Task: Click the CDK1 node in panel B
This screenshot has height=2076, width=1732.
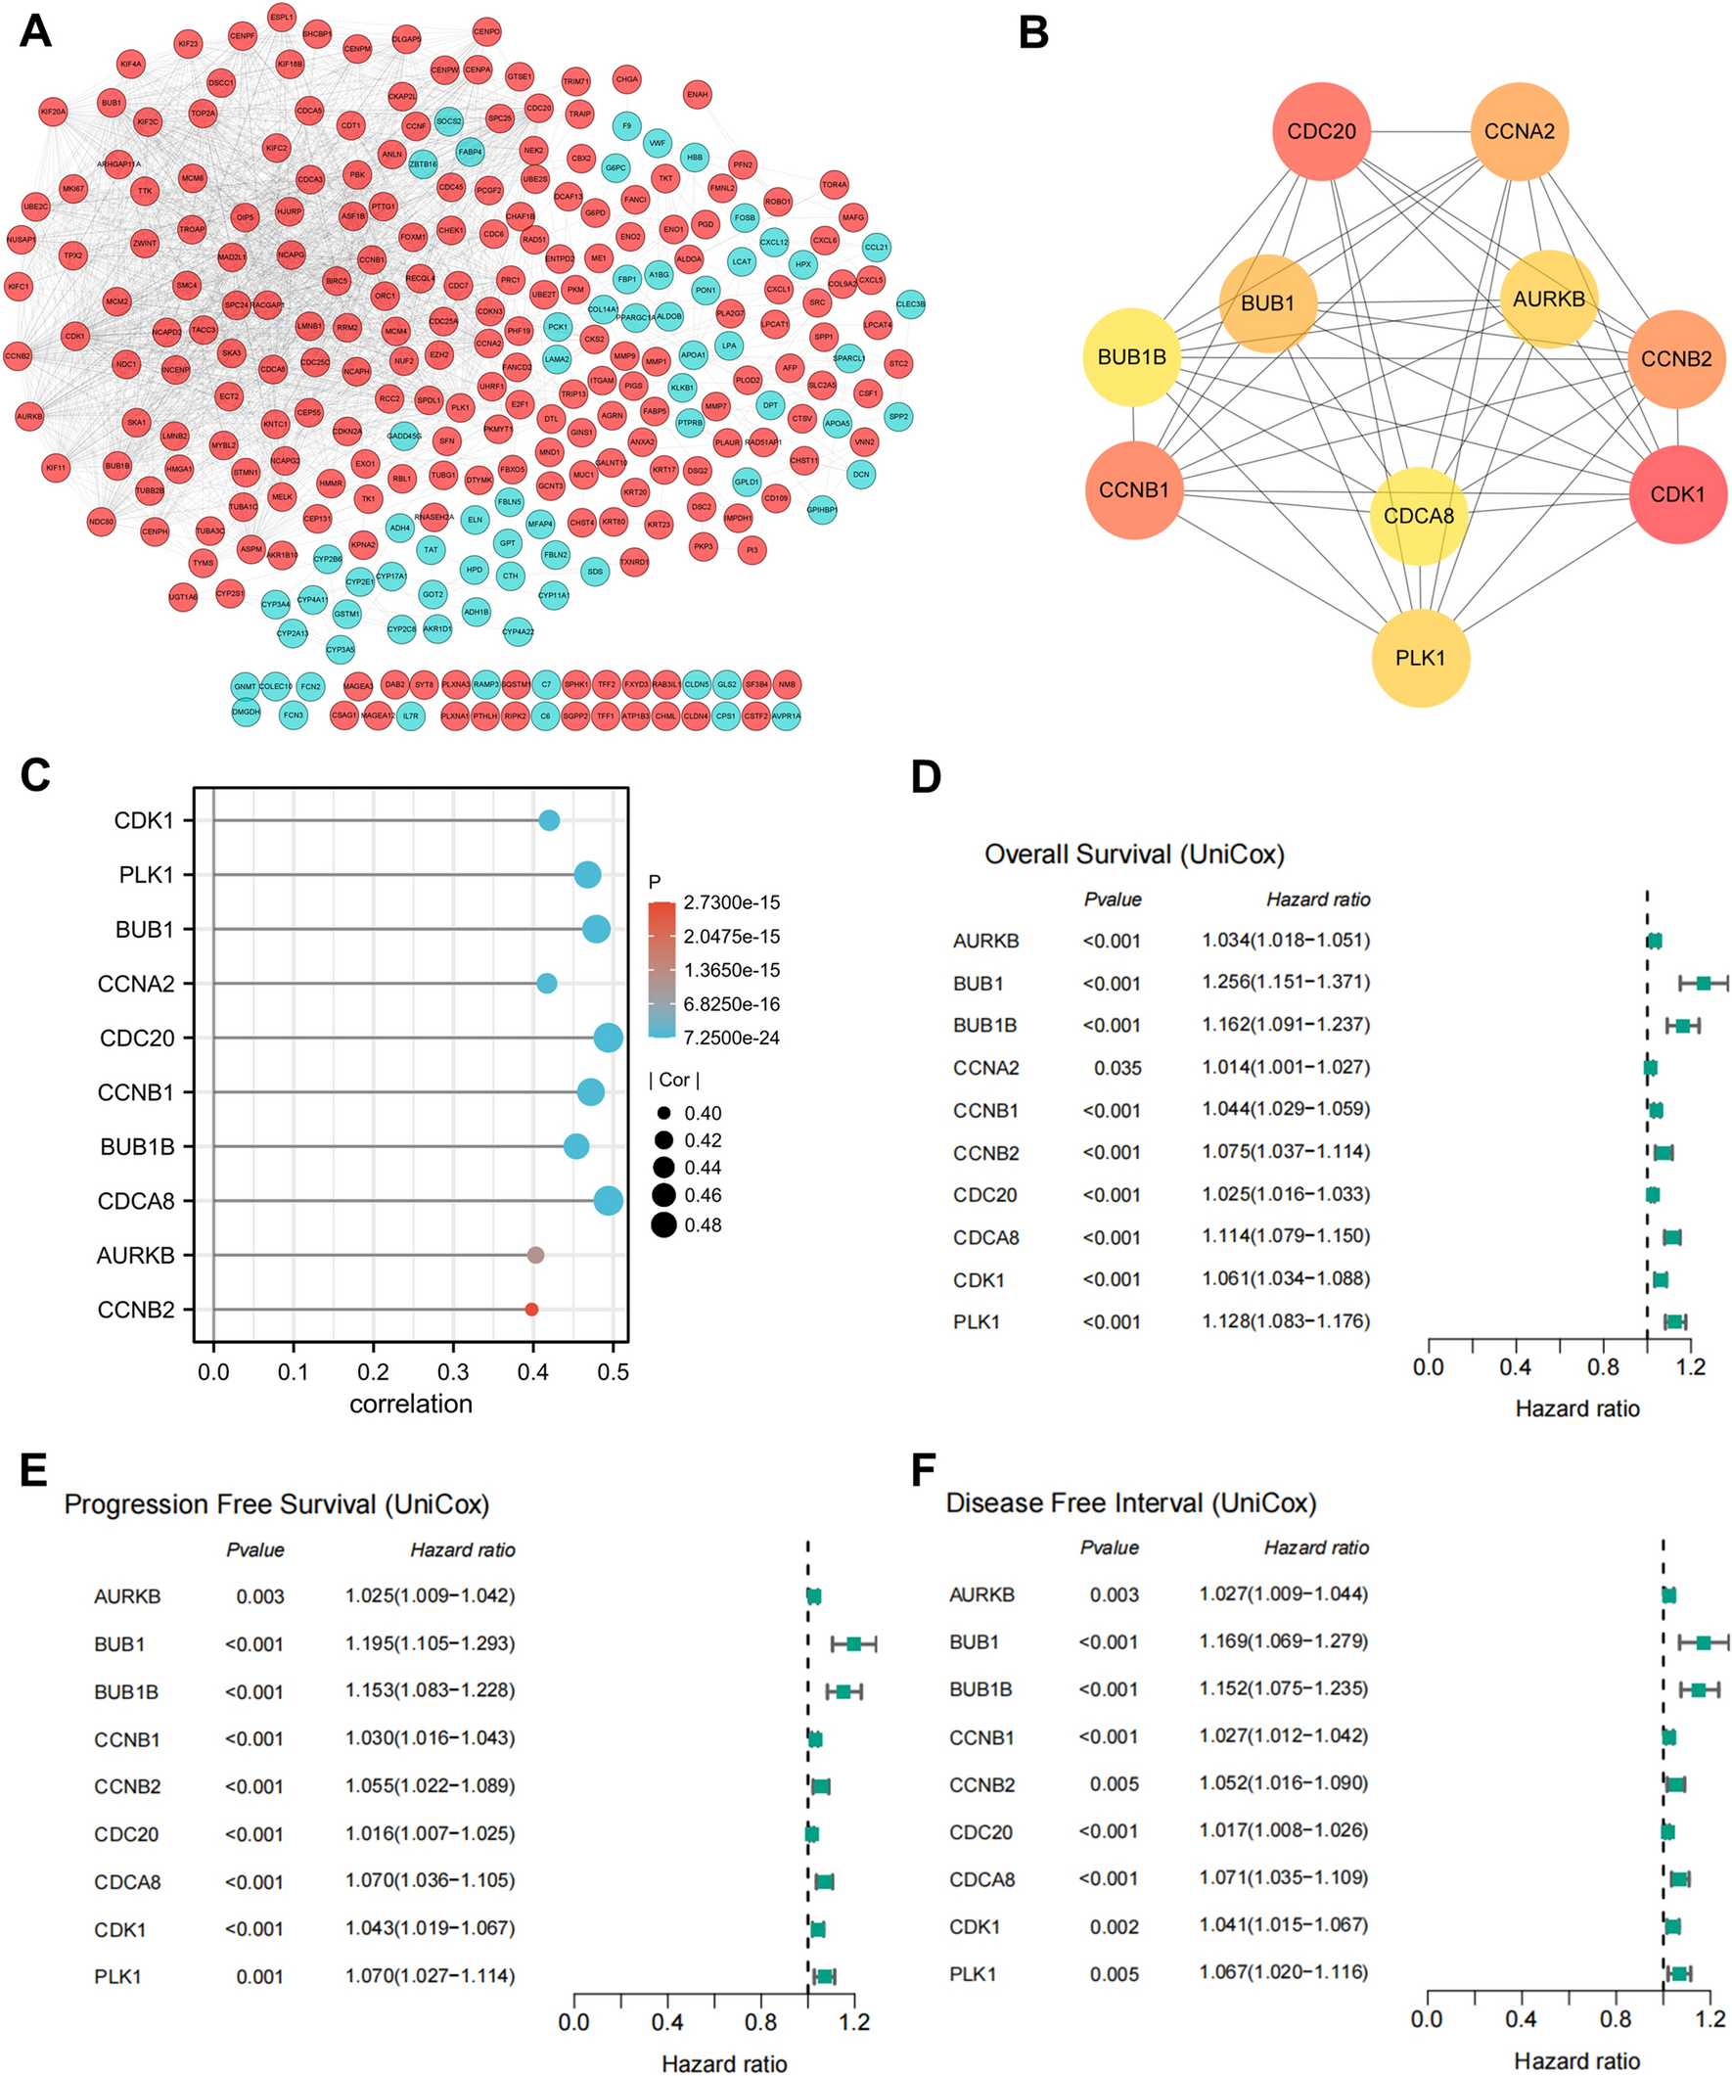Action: point(1676,493)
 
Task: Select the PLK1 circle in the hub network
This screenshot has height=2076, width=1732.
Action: point(1420,658)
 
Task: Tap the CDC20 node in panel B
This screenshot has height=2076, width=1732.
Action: point(1321,131)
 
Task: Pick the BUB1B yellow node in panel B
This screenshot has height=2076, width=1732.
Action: point(1132,357)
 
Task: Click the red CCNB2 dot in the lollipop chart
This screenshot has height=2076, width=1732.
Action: point(531,1309)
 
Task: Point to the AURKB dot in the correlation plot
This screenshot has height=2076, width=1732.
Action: point(535,1255)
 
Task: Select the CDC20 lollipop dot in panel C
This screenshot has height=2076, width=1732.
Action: point(609,1038)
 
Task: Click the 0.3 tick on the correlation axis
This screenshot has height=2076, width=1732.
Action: point(453,1372)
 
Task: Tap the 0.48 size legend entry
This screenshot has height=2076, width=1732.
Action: point(702,1224)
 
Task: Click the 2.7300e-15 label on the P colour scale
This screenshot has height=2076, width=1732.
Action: point(731,902)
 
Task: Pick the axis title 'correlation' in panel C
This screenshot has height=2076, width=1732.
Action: point(410,1404)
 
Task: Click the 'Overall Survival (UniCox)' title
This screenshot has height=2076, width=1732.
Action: point(1134,854)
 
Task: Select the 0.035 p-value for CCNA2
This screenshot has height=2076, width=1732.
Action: point(1117,1068)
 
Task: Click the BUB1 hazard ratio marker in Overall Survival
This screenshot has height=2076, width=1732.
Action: point(1704,983)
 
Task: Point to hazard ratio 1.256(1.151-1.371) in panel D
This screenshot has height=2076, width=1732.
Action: point(1285,983)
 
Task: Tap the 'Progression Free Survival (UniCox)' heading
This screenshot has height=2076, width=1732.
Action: point(276,1503)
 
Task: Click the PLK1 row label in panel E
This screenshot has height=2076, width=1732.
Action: point(117,1976)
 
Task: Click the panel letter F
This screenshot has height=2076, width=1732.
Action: point(923,1470)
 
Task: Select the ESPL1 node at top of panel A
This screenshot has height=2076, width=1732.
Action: point(281,17)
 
